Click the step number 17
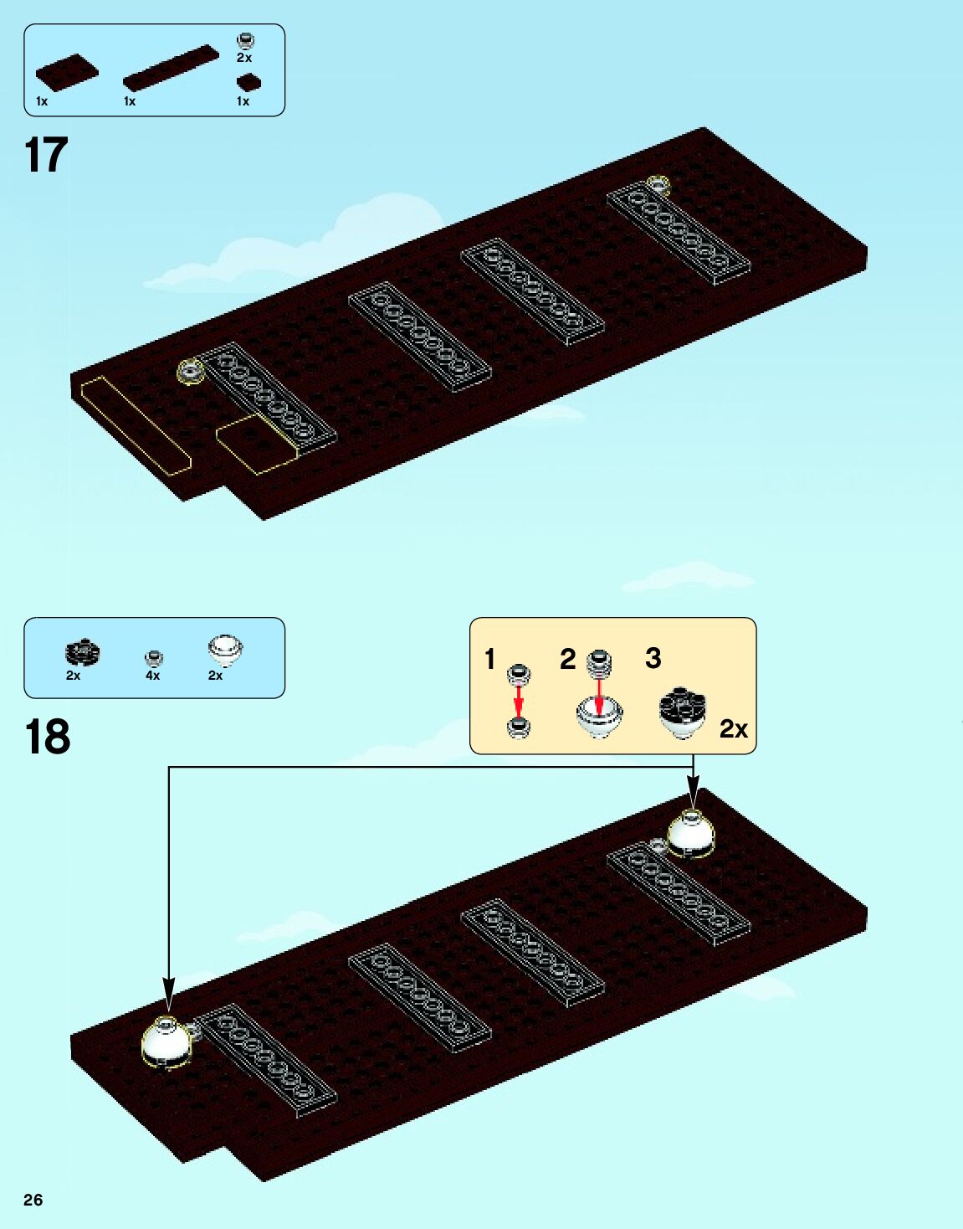pos(46,156)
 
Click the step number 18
pos(48,738)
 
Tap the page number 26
pos(33,1200)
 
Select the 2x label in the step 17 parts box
pos(244,58)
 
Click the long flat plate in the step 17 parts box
pos(171,68)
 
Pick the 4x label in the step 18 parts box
pos(152,676)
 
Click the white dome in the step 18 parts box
pos(224,650)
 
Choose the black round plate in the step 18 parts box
pos(83,651)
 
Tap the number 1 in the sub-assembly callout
pos(490,659)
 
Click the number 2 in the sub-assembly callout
pos(568,659)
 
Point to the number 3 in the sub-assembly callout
pos(653,658)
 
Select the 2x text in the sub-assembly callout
pos(733,729)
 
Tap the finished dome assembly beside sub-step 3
pos(682,712)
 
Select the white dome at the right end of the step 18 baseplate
pos(690,834)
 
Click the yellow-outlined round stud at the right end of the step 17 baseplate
pos(658,183)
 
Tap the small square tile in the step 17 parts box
pos(248,81)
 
